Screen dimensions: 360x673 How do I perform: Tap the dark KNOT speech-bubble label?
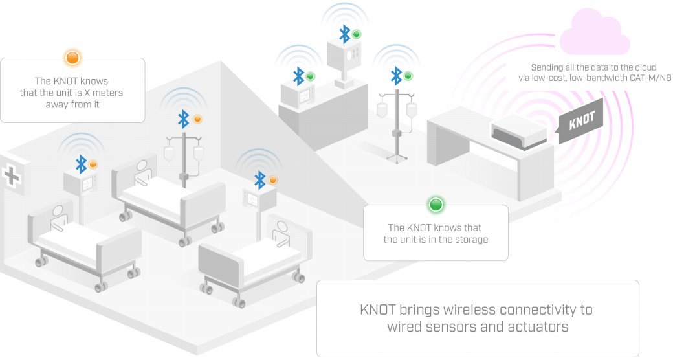pos(582,120)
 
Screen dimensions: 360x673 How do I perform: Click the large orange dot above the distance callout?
pos(72,58)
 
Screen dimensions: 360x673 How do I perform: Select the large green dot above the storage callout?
pos(436,205)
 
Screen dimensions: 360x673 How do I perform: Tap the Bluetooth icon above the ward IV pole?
pos(184,119)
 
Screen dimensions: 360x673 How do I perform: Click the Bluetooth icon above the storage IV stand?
pos(396,76)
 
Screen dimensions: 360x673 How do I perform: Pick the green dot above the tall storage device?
pos(357,34)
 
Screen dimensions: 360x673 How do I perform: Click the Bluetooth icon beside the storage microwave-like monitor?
pos(298,76)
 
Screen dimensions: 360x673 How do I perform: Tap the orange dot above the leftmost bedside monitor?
pos(93,164)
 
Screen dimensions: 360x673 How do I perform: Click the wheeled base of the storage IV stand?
pos(396,157)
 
